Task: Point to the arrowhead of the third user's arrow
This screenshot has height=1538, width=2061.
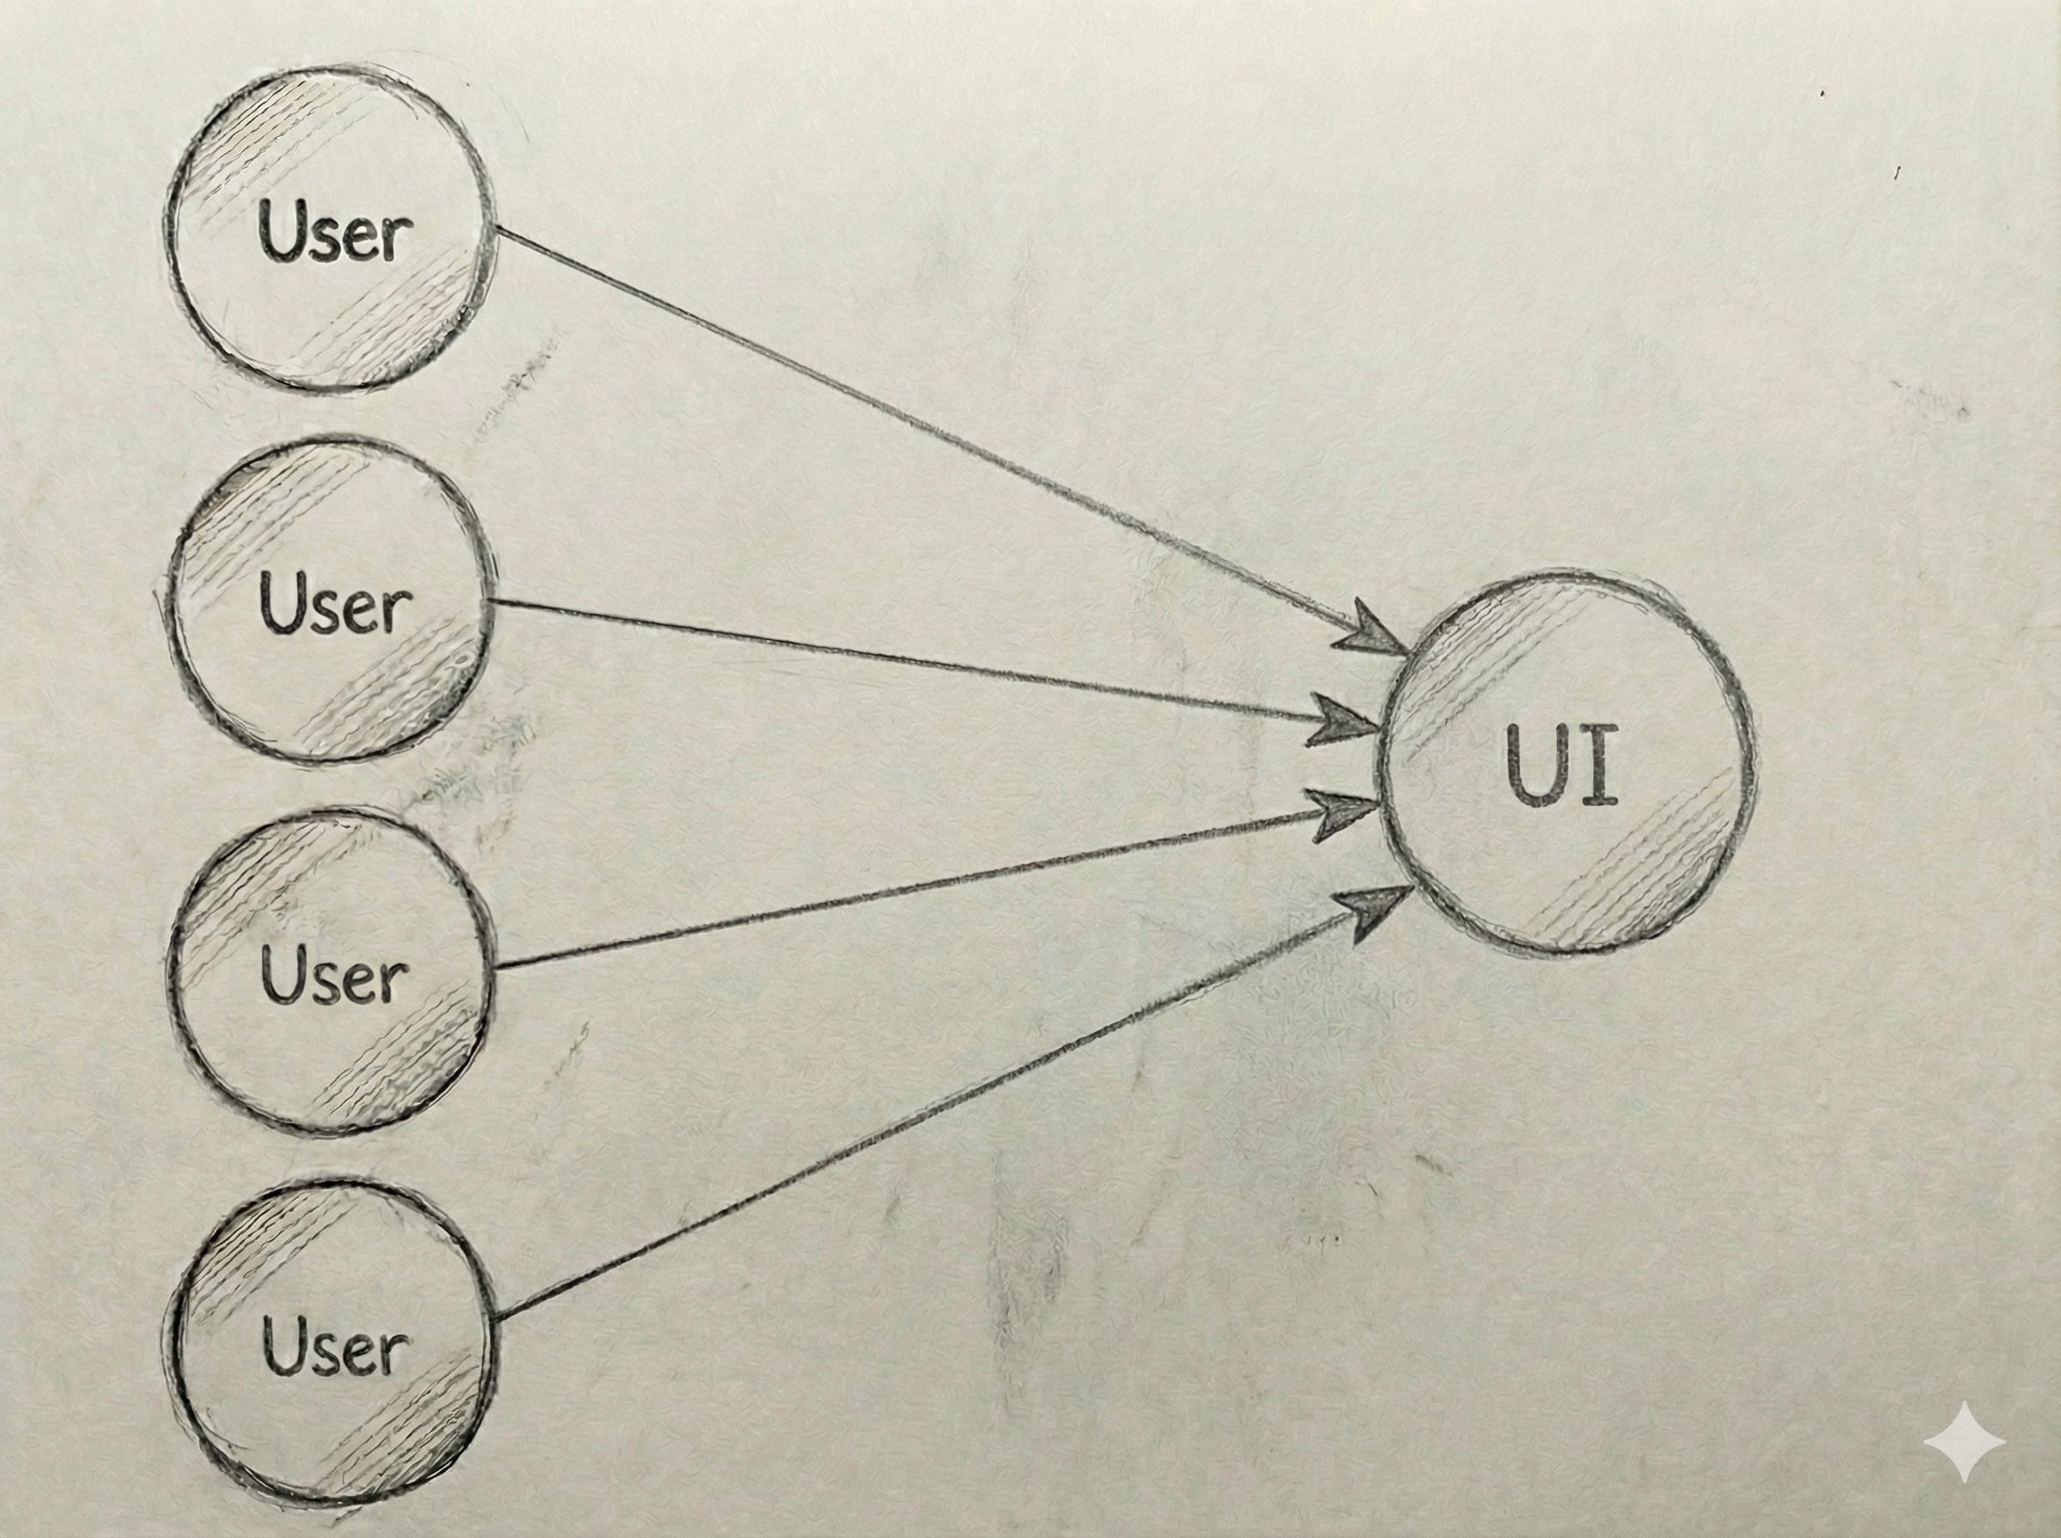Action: click(1346, 814)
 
